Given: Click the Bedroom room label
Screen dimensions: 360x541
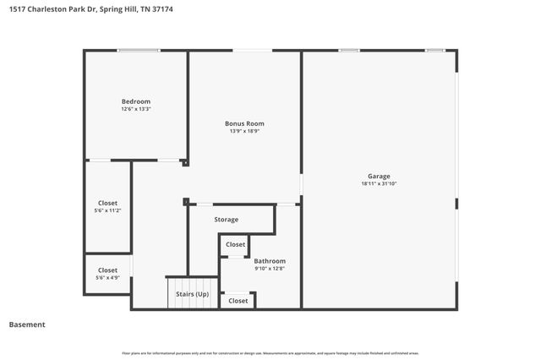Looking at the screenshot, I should [x=135, y=101].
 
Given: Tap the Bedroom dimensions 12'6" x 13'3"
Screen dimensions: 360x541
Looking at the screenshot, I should [x=135, y=109].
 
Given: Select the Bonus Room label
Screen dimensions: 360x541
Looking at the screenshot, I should [x=244, y=123].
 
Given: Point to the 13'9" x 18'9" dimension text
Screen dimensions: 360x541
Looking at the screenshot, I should [x=244, y=131].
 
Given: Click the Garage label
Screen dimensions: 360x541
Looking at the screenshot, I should [x=378, y=176].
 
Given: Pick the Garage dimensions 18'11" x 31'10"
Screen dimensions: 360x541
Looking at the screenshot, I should [x=378, y=183].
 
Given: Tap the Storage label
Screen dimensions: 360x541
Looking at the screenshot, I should [x=226, y=220].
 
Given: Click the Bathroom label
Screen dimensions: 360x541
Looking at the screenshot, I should [x=270, y=261].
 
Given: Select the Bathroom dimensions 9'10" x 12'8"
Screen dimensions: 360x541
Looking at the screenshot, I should [x=270, y=269].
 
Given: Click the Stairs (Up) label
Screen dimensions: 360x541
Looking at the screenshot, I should [x=192, y=294].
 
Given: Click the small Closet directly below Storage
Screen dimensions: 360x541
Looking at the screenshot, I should [x=235, y=245].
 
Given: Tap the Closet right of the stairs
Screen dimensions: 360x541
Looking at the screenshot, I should [x=238, y=300].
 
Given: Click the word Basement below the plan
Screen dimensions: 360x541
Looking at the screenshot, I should [x=27, y=325].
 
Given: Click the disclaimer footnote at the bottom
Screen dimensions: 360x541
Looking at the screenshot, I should [x=270, y=353].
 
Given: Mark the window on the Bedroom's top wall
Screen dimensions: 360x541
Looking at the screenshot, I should [x=139, y=51].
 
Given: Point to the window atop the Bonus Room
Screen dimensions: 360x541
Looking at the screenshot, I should [x=246, y=51].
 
